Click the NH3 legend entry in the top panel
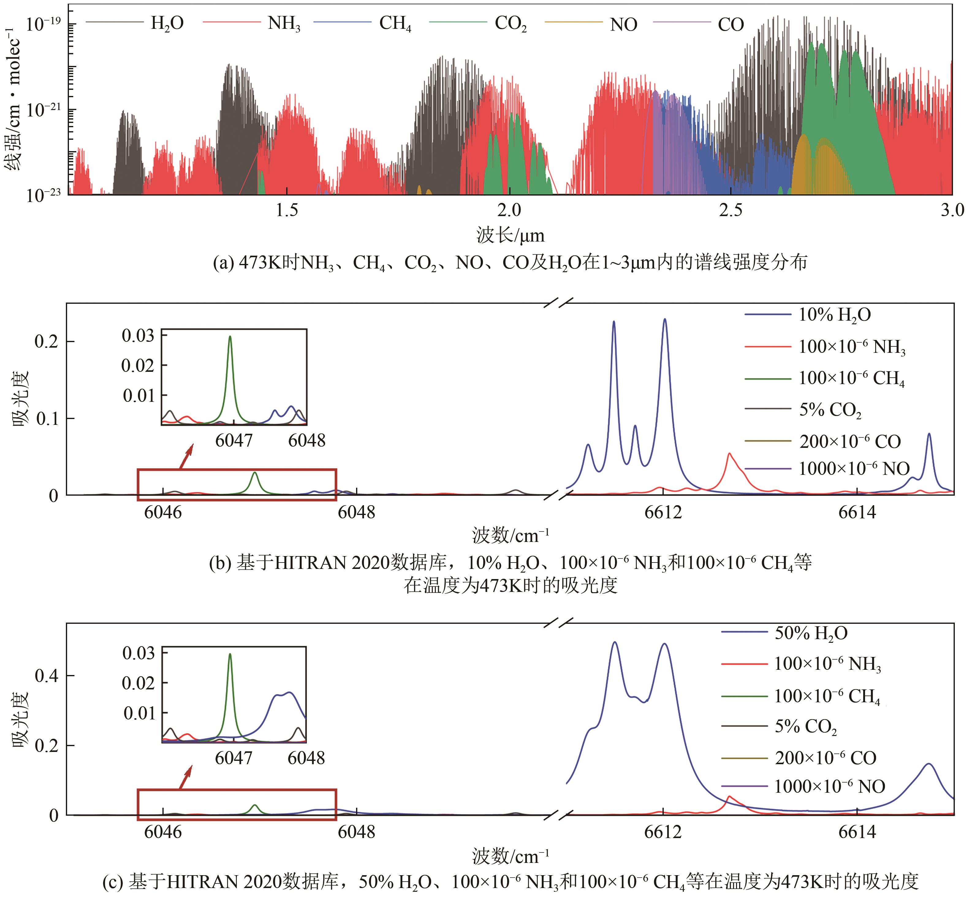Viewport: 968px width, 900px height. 283,23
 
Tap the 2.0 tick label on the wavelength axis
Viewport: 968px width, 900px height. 509,210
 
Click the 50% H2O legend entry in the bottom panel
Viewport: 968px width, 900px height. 811,633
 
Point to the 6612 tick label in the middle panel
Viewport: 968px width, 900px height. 663,512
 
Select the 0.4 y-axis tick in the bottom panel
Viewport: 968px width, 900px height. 47,676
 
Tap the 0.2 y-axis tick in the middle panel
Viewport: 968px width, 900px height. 47,342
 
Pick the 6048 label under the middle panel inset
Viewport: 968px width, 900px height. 306,441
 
